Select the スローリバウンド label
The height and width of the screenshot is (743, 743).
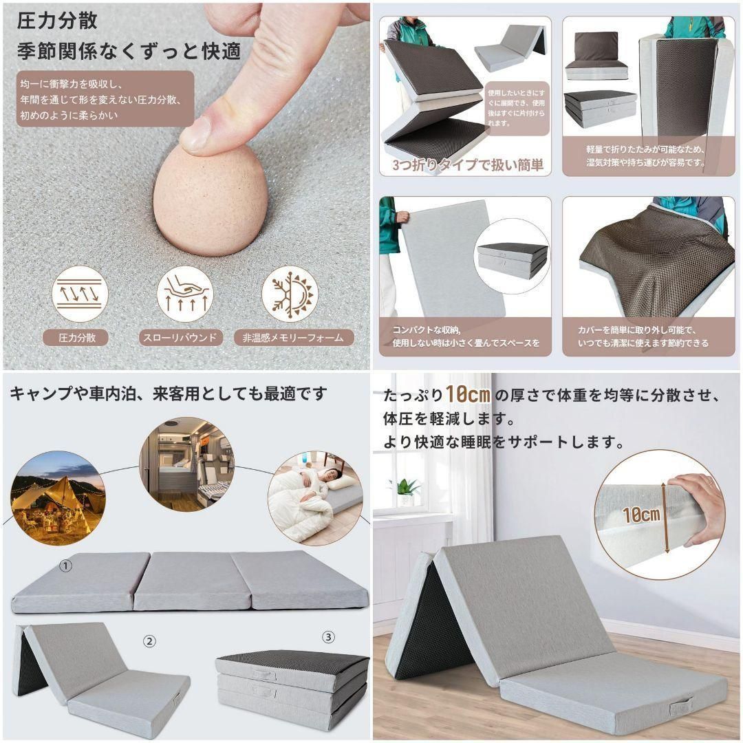(x=179, y=338)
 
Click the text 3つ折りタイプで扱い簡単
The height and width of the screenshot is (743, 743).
(x=468, y=165)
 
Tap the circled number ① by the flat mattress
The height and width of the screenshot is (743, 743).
(x=66, y=566)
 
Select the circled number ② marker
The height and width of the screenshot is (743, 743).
(x=149, y=641)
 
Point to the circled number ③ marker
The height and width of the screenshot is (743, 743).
(x=329, y=637)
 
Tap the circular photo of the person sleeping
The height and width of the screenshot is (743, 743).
(x=314, y=498)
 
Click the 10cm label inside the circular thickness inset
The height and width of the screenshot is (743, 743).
(x=642, y=513)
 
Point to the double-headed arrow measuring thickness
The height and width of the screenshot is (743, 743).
(x=666, y=516)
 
